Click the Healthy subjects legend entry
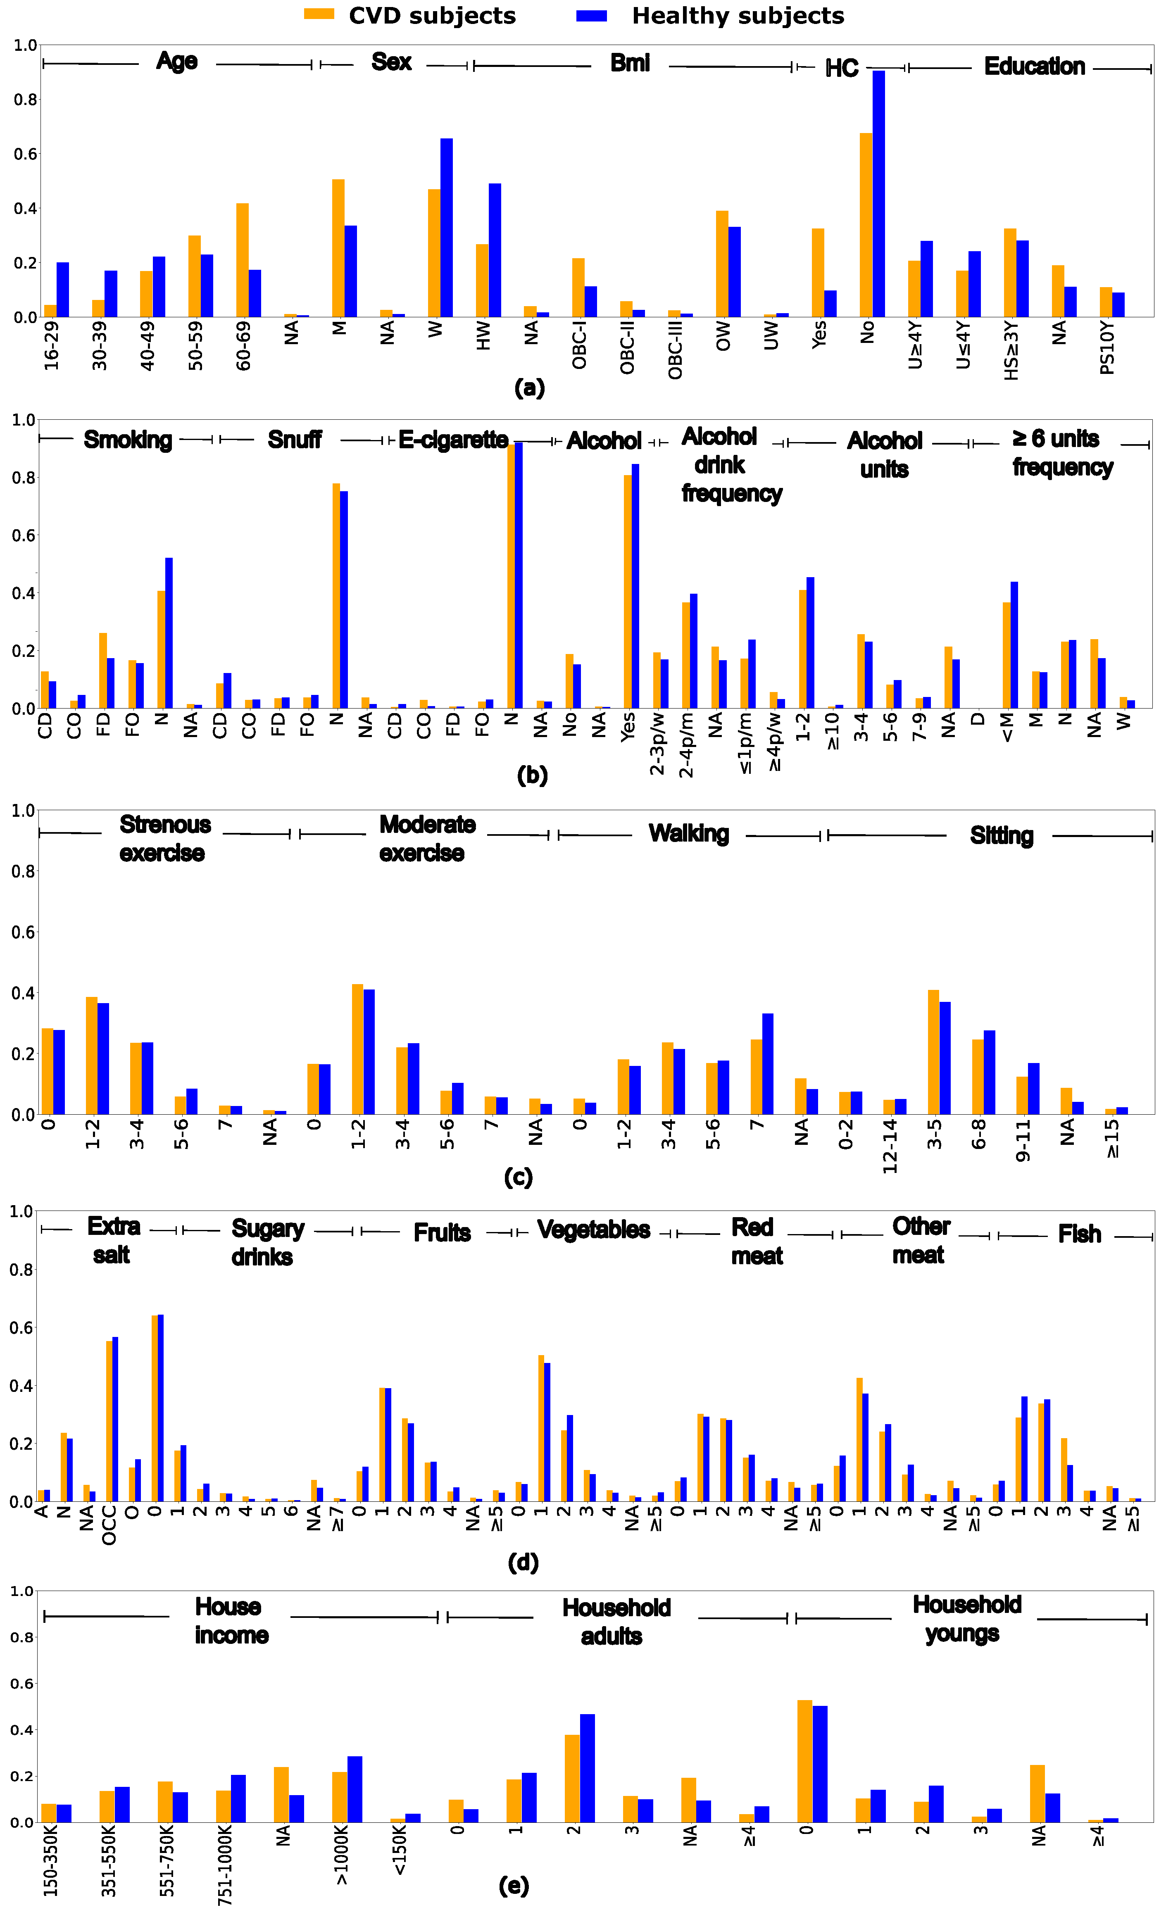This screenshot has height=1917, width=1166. click(x=710, y=16)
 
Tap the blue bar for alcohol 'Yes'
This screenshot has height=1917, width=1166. click(x=635, y=586)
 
